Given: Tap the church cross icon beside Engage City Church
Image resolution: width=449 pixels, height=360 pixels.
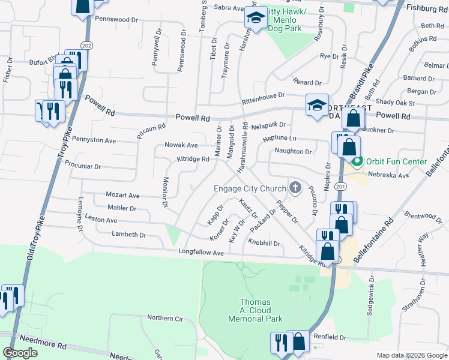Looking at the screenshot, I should [295, 188].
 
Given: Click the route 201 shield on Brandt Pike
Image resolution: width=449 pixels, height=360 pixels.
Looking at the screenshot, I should [342, 188].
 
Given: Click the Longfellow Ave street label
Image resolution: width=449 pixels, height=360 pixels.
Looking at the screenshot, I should [200, 253].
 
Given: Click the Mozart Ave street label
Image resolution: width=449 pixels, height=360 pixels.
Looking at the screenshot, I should [122, 196].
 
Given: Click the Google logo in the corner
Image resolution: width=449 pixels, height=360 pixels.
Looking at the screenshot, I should [20, 353].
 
